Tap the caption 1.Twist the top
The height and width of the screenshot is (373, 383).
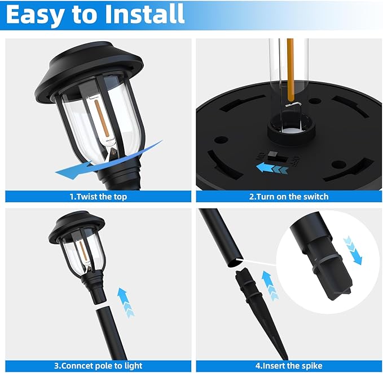tap(98, 197)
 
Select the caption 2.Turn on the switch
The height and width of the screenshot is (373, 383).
tap(288, 197)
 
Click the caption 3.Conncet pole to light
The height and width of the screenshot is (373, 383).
tap(98, 366)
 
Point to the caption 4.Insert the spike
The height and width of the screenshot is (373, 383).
tap(288, 366)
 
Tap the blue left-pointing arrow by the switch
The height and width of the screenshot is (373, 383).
tap(268, 167)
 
